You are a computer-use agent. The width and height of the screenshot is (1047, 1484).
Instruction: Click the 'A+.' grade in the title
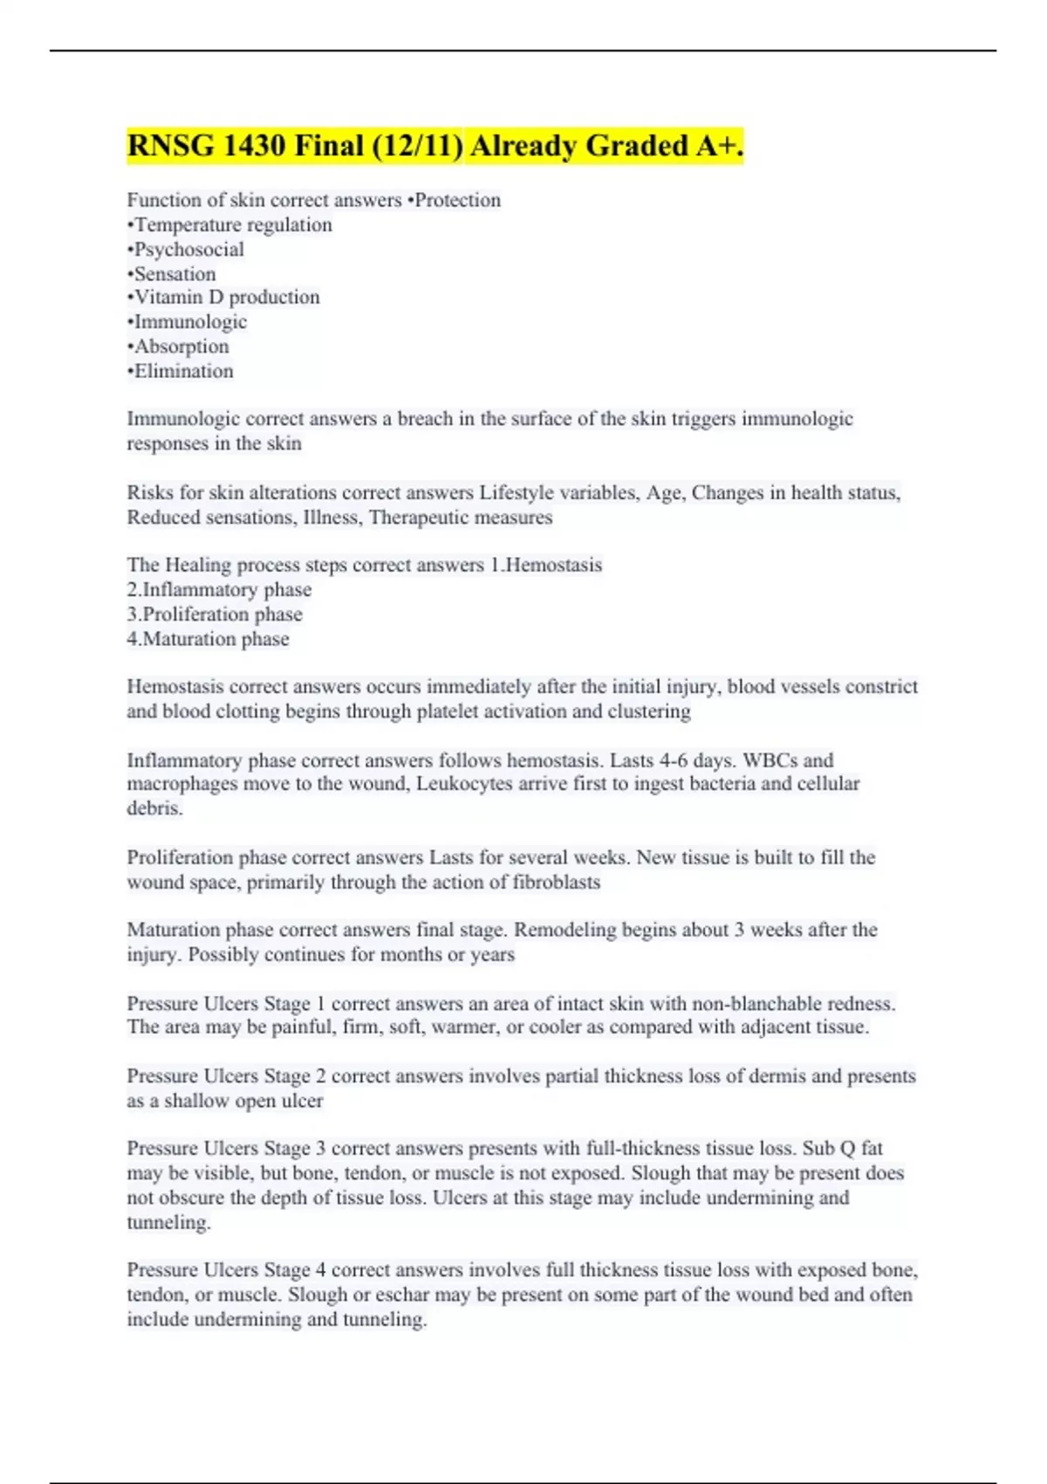click(x=719, y=146)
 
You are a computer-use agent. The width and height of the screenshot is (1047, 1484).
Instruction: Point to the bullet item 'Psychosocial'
click(x=186, y=250)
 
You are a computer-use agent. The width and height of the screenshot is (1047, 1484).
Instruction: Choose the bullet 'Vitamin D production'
click(x=224, y=298)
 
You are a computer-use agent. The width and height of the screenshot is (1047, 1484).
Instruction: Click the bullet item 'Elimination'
click(x=181, y=371)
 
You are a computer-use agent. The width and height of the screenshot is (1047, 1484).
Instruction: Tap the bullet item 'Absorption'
click(x=179, y=347)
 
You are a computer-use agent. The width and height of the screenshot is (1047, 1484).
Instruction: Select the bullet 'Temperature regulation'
click(x=229, y=225)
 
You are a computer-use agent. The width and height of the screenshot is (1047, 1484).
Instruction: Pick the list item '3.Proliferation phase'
click(x=215, y=615)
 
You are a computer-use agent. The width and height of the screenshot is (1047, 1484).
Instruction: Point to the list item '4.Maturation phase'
click(x=208, y=639)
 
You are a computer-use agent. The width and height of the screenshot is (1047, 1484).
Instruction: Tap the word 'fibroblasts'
click(x=557, y=883)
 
